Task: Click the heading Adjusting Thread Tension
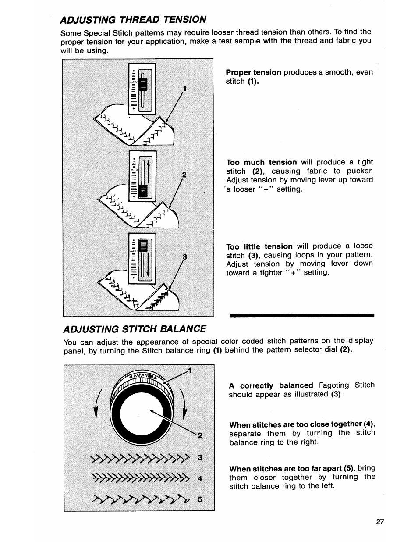pos(133,19)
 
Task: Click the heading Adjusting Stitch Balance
pos(135,328)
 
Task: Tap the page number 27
pos(380,522)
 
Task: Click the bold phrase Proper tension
pos(253,72)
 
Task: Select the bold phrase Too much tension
pos(261,162)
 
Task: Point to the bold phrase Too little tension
pos(259,246)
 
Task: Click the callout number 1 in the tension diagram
pos(185,89)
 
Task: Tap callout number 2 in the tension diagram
pos(184,175)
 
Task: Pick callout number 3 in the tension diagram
pos(185,257)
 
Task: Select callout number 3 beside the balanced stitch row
pos(200,458)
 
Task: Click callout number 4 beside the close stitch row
pos(200,479)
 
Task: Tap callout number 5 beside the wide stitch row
pos(200,499)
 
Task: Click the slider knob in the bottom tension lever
pos(142,246)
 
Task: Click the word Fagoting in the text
pos(334,385)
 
